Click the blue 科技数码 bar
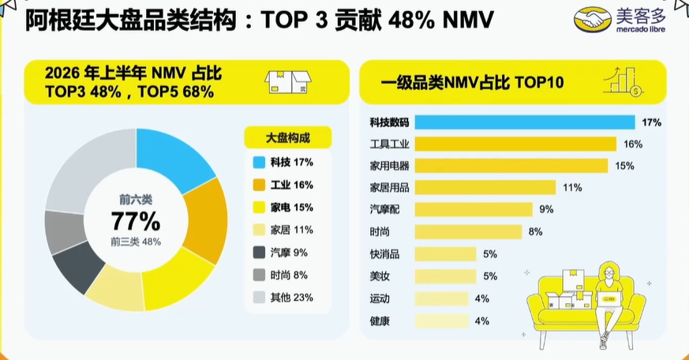(x=525, y=122)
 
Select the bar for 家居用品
(x=485, y=188)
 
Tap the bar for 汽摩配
(x=474, y=209)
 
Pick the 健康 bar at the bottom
(x=441, y=321)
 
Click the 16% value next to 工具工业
(x=633, y=144)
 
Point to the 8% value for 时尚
(x=535, y=231)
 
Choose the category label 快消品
(x=384, y=254)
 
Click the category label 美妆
(x=380, y=276)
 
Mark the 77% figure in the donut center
(x=135, y=221)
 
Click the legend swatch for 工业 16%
(x=259, y=185)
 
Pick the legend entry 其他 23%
(x=283, y=298)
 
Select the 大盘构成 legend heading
(x=288, y=138)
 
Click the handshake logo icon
(x=593, y=19)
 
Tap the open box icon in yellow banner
(x=288, y=82)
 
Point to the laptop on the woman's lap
(x=608, y=299)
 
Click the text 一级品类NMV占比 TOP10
(x=473, y=83)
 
